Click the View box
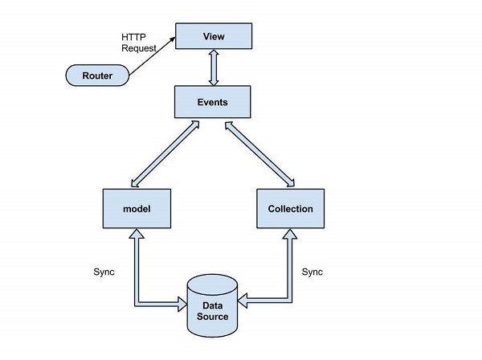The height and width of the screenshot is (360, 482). (214, 36)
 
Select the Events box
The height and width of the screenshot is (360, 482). (214, 102)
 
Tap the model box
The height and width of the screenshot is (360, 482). (137, 208)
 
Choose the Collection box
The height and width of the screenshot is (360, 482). (290, 208)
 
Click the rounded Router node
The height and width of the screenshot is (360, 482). (97, 76)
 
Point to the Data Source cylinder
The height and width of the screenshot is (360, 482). (214, 307)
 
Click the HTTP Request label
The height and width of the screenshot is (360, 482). (139, 42)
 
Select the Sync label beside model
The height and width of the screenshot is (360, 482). (104, 272)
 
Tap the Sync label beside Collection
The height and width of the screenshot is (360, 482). (312, 272)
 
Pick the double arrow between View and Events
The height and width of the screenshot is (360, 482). (214, 68)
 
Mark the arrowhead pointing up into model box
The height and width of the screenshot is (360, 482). (137, 234)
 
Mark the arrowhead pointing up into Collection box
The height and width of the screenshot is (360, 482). (290, 234)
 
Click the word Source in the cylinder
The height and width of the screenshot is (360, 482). (214, 317)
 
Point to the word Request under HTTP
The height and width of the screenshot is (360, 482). (139, 48)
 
